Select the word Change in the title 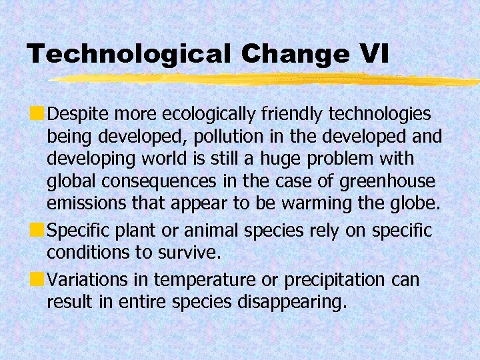pyautogui.click(x=294, y=54)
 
